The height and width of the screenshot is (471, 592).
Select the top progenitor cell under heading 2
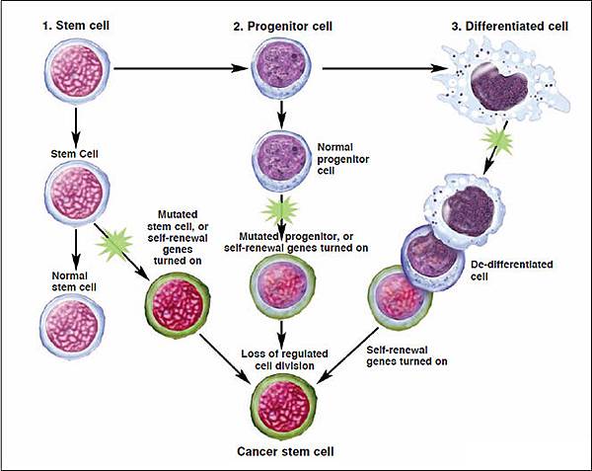click(282, 69)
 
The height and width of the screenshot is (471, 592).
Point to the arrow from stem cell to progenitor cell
click(178, 69)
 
